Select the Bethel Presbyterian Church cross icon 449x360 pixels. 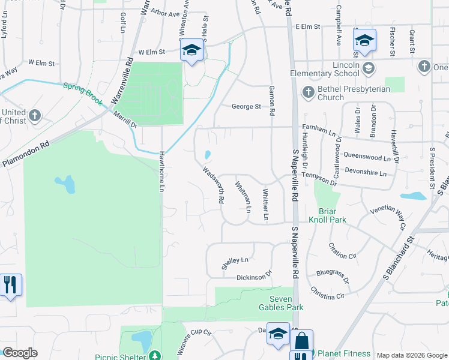[308, 92]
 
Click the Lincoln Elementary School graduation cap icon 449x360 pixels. [366, 68]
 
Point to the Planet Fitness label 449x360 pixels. [344, 354]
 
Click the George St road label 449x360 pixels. [247, 107]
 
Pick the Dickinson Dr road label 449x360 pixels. [255, 278]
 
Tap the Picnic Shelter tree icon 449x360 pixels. [155, 356]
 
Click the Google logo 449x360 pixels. [20, 353]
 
